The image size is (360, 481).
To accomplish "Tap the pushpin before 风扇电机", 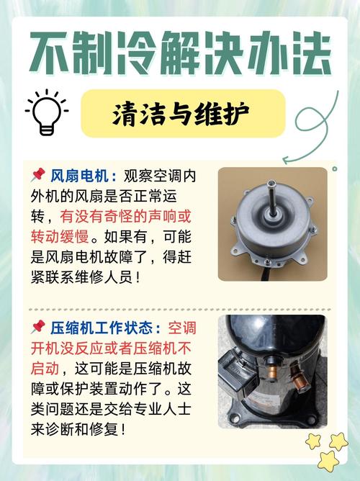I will (38, 175).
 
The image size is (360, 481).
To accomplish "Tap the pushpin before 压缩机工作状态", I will (38, 328).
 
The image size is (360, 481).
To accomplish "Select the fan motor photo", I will (272, 224).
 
